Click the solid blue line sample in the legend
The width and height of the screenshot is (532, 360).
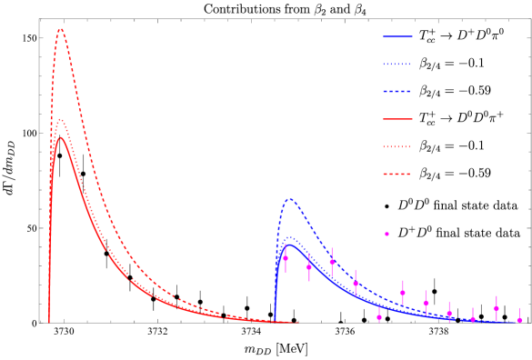coord(397,37)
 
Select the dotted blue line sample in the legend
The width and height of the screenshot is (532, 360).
coord(397,65)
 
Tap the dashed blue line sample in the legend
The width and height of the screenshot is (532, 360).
coord(397,92)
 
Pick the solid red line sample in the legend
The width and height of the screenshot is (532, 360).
coord(397,119)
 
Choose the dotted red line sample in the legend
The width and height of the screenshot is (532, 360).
coord(397,146)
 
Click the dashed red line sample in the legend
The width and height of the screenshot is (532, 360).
coord(397,174)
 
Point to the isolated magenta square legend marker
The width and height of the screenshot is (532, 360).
coord(386,234)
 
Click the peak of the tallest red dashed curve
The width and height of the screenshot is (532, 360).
coord(60,29)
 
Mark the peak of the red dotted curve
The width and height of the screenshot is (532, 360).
coord(60,120)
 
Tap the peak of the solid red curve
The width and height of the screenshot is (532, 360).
coord(61,137)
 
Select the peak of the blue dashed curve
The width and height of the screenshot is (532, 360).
coord(290,199)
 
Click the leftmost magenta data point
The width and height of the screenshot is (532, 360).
coord(286,258)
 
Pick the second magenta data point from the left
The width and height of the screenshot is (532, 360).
coord(309,267)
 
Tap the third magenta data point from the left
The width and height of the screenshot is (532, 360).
coord(332,262)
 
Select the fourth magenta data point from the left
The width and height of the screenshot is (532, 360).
coord(356,284)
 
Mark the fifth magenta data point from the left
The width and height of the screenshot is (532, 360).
coord(379,316)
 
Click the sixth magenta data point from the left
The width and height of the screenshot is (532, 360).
coord(403,293)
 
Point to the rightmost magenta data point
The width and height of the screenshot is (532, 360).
coord(519,320)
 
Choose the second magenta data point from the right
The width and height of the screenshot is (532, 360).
coord(497,308)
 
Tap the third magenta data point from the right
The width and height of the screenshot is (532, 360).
coord(473,319)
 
